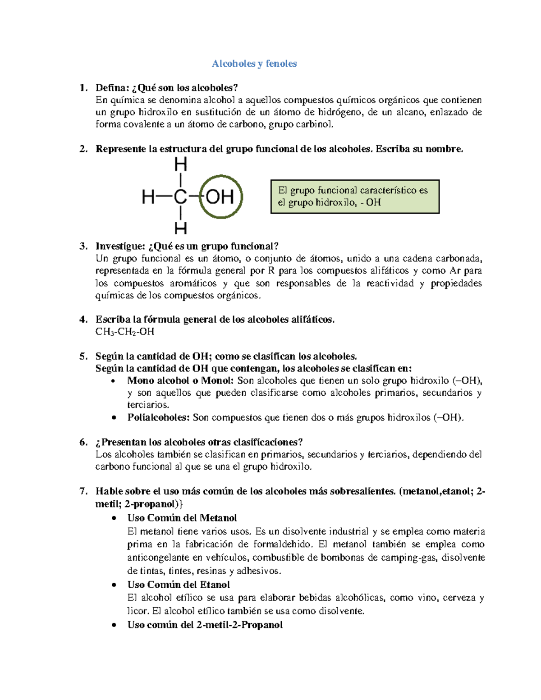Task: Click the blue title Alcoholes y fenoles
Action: click(x=254, y=64)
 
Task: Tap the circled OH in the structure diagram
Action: click(x=220, y=197)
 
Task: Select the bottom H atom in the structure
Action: click(x=180, y=228)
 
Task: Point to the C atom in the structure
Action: click(x=180, y=197)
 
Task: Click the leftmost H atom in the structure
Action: click(x=148, y=197)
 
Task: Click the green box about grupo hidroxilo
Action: click(x=355, y=197)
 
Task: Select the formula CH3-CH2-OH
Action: click(x=125, y=332)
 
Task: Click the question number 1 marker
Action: click(x=83, y=87)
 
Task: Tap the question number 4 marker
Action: click(x=83, y=320)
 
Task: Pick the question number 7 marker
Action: click(x=83, y=491)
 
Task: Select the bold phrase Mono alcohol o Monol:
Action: click(x=180, y=380)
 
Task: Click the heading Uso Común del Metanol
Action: click(x=182, y=518)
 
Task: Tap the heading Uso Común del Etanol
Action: click(x=179, y=585)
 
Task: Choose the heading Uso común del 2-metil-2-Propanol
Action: click(x=205, y=625)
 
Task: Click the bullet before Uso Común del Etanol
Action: click(x=114, y=585)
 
